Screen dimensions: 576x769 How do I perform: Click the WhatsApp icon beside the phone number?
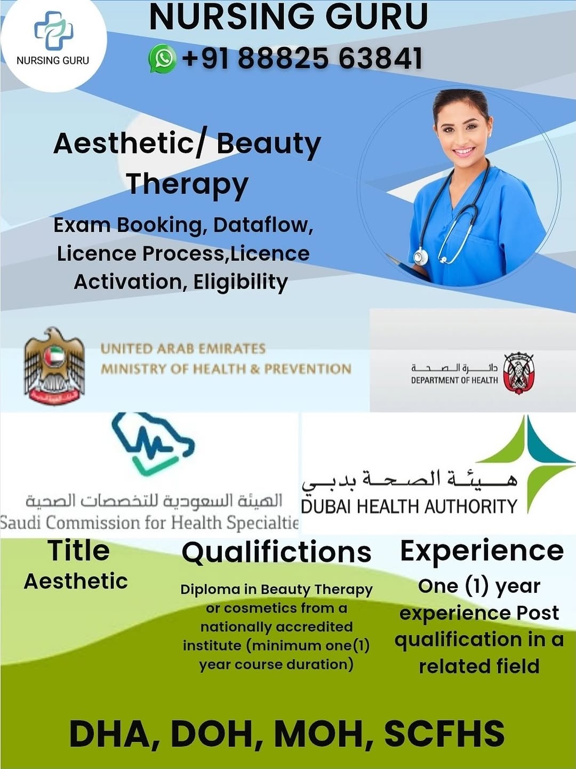coord(162,58)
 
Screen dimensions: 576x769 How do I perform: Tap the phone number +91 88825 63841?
coord(302,58)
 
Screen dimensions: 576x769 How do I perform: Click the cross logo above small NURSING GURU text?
coord(53,30)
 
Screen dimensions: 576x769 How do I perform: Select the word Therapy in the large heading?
coord(188,184)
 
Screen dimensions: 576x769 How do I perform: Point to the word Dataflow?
coord(262,225)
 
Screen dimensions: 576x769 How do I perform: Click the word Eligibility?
coord(241,282)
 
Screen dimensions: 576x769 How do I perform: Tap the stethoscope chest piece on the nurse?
coord(420,258)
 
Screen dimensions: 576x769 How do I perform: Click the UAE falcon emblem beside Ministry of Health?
coord(54,366)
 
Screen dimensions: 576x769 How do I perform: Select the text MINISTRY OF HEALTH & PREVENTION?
coord(226,369)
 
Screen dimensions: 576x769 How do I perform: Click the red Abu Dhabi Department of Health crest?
coord(518,374)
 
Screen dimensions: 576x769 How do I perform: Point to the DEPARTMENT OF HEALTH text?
coord(454,380)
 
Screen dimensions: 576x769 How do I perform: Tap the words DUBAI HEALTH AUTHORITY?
coord(409,506)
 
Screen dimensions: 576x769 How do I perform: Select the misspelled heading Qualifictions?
coord(277,552)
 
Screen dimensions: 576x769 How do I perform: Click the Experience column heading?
coord(482,551)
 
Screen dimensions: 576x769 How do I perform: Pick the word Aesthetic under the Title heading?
coord(76,582)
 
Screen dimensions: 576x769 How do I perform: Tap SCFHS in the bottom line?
coord(444,724)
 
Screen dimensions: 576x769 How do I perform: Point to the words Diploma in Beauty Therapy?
coord(277,590)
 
